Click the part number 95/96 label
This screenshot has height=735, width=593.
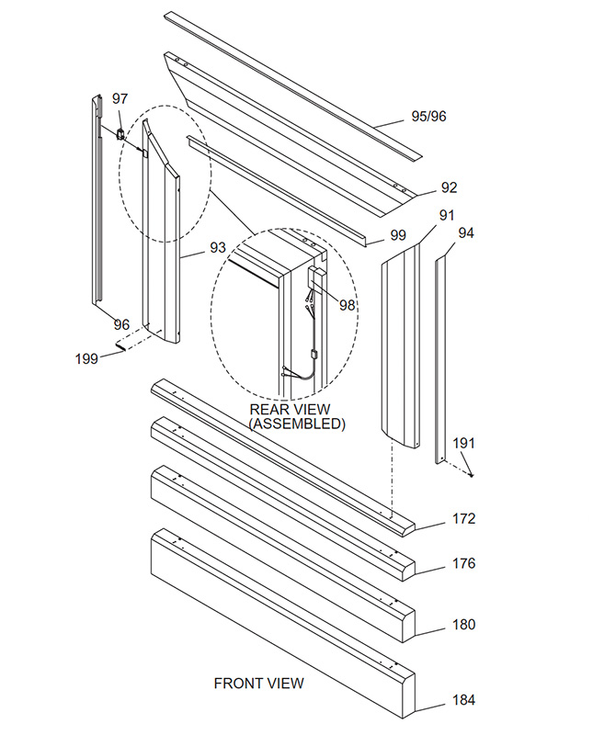click(430, 117)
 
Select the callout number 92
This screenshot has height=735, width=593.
click(449, 187)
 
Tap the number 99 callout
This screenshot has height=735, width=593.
click(397, 235)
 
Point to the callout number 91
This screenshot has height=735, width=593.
click(447, 215)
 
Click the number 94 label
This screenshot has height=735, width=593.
click(466, 232)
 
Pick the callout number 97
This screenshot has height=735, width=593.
click(120, 98)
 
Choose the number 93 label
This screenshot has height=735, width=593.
click(218, 247)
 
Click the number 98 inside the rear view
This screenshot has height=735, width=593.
click(347, 305)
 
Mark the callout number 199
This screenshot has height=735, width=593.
click(86, 358)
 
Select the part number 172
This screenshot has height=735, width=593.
click(463, 518)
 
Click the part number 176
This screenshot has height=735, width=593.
click(463, 563)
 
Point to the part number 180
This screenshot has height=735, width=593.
click(463, 625)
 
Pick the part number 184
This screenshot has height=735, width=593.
click(463, 700)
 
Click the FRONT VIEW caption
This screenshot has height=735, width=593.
click(258, 683)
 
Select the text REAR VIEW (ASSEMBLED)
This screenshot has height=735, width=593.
click(297, 416)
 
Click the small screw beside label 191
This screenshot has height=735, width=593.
click(470, 473)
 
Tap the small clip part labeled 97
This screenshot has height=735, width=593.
click(120, 133)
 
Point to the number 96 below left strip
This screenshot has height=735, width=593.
click(121, 324)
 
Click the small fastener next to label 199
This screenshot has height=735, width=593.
click(122, 346)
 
